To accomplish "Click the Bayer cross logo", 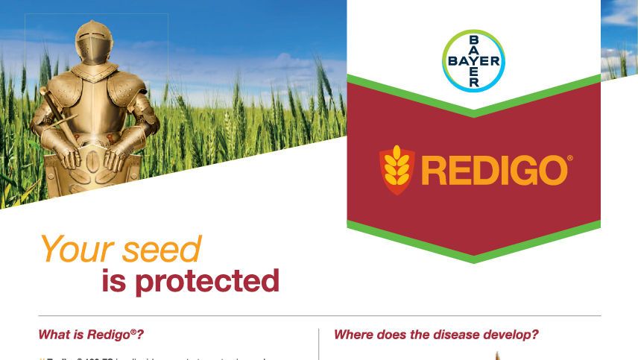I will coord(473,60).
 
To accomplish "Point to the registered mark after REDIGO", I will coord(570,159).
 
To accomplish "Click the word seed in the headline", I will coord(162,249).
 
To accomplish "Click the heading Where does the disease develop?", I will coord(436,335).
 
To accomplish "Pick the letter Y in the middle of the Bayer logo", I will coord(473,60).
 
